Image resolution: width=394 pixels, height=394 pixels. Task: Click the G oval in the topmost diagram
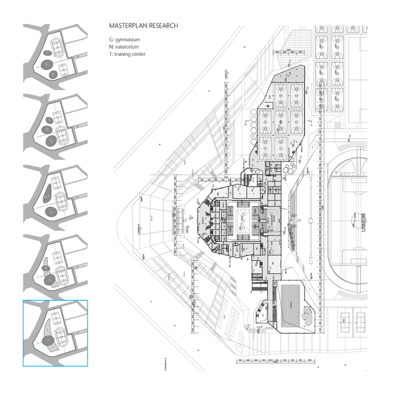coord(46,64)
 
